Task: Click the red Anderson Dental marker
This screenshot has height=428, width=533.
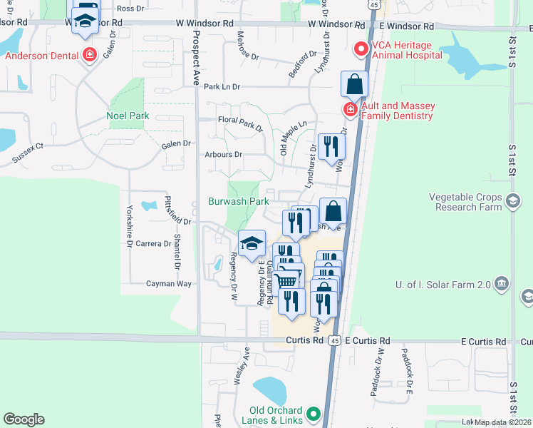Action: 90,54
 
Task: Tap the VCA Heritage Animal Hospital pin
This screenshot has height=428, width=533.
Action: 361,49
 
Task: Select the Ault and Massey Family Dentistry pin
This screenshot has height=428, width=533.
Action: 350,109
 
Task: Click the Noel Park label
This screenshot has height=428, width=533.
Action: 127,116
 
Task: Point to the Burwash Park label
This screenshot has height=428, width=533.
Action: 238,201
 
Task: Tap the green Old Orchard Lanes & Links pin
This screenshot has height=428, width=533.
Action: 312,414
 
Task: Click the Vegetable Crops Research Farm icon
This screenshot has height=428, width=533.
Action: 512,202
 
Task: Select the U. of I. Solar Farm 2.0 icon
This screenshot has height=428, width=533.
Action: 502,285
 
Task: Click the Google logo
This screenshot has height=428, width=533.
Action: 24,419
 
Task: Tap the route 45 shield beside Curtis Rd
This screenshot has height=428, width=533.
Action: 334,341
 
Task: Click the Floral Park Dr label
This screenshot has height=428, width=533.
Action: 240,124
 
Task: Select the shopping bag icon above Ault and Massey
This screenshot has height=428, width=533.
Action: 354,86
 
